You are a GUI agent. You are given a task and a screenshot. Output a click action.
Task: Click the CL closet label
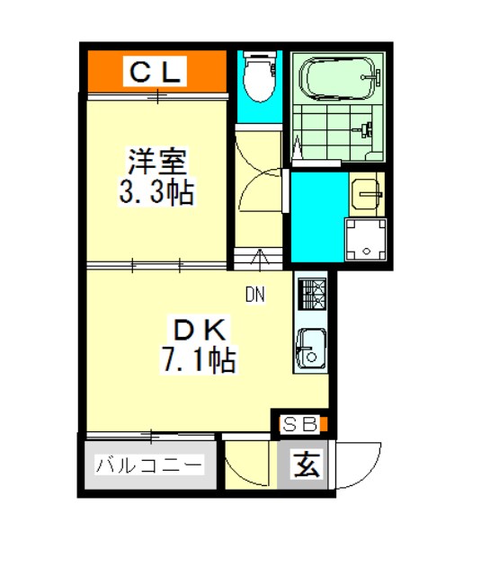pyautogui.click(x=155, y=72)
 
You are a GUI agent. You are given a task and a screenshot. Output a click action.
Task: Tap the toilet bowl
pyautogui.click(x=260, y=80)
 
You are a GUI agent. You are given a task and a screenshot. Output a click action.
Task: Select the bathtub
pyautogui.click(x=338, y=78)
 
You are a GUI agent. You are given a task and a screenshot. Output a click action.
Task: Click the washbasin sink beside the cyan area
pyautogui.click(x=367, y=194)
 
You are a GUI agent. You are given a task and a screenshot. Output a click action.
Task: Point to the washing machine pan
pyautogui.click(x=365, y=240)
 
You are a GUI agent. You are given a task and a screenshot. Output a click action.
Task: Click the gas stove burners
pyautogui.click(x=312, y=294)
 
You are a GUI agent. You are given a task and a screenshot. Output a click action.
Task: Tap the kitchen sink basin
pyautogui.click(x=311, y=349)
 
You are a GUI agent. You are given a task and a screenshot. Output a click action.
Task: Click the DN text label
pyautogui.click(x=255, y=295)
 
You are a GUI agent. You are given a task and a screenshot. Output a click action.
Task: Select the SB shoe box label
pyautogui.click(x=299, y=424)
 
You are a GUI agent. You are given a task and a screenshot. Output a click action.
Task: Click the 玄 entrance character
pyautogui.click(x=307, y=464)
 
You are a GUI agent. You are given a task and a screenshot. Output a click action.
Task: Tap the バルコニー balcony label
pyautogui.click(x=148, y=465)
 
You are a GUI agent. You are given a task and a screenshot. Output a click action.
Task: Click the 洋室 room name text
pyautogui.click(x=157, y=162)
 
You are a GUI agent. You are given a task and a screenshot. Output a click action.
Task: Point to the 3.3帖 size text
pyautogui.click(x=156, y=191)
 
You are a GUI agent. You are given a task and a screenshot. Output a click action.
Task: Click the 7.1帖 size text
pyautogui.click(x=199, y=360)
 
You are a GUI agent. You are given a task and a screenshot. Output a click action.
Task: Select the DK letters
pyautogui.click(x=200, y=330)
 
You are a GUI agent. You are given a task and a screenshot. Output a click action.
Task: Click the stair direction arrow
pyautogui.click(x=260, y=260)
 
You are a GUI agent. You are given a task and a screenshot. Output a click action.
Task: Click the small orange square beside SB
pyautogui.click(x=324, y=424)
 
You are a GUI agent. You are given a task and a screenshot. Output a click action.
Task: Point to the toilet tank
pyautogui.click(x=260, y=55)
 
